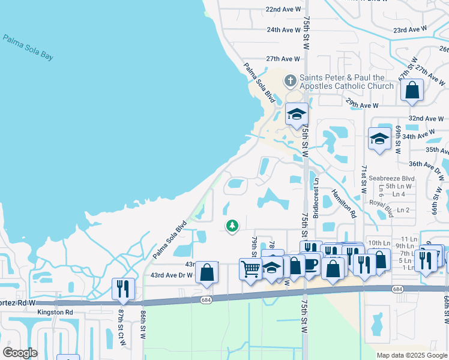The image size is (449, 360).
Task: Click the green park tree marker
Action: pos(232,226)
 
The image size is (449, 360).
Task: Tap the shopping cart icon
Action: pos(250,268)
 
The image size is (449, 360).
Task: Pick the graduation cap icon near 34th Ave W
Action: pos(379,139)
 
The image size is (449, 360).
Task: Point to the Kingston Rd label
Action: pos(55,313)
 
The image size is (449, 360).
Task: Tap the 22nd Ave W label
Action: pos(283,10)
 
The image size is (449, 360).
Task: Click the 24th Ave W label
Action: pos(283,30)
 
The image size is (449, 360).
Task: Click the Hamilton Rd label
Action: pos(344,203)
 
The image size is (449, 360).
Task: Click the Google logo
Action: pos(20,353)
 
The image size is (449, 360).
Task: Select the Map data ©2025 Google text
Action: pos(411,355)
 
